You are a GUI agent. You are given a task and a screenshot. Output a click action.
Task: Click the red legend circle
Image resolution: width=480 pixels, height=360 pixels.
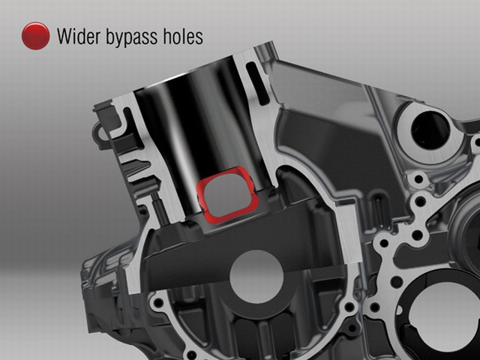35,36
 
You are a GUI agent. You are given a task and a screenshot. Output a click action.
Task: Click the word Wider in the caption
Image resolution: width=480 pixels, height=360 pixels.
78,36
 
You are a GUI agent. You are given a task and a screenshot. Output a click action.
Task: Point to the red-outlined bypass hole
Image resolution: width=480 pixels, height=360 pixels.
228,195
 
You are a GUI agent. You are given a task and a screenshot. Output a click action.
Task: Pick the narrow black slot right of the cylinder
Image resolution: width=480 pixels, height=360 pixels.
257,82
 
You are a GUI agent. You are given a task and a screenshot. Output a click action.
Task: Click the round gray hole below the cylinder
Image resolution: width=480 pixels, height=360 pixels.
256,277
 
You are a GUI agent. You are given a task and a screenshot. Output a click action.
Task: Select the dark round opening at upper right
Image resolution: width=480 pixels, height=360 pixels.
430,130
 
